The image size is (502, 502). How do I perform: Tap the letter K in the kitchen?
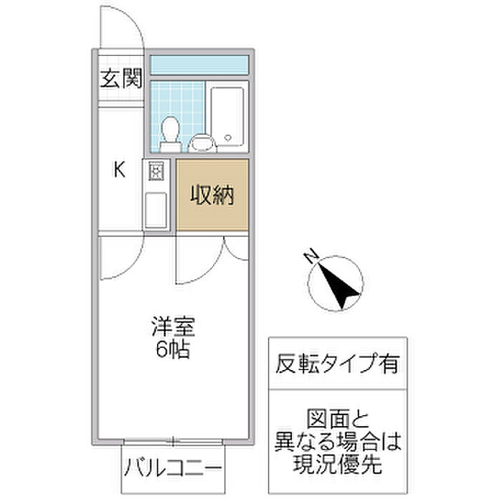tap(120, 170)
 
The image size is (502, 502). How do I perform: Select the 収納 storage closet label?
tap(212, 195)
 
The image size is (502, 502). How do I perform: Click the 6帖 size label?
tap(173, 351)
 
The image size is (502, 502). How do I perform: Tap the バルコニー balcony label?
tap(172, 470)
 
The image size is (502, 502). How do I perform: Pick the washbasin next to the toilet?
tap(202, 143)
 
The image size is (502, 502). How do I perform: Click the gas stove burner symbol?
tap(156, 171)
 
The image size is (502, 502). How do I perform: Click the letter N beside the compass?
tap(310, 255)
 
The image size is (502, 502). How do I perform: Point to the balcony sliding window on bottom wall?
tap(172, 441)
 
